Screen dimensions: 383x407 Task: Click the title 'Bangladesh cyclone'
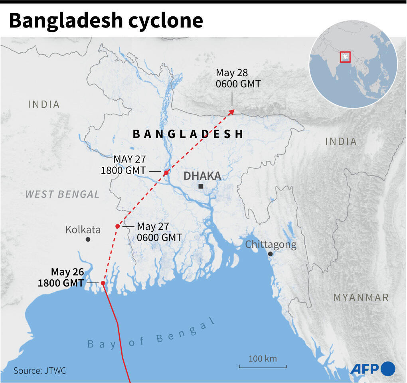[x=106, y=21]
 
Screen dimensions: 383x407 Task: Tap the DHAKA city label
[x=202, y=176]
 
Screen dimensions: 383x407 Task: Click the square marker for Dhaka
[x=201, y=186]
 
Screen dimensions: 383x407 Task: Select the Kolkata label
[x=83, y=230]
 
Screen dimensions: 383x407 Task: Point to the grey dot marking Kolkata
[x=88, y=239]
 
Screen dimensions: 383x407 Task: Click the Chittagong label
[x=271, y=245]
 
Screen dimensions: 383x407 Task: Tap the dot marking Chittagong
[x=270, y=254]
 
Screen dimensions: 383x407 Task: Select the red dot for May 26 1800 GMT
[x=103, y=283]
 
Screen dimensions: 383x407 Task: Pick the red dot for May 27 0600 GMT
[x=117, y=226]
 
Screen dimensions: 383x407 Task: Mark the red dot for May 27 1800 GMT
[x=166, y=172]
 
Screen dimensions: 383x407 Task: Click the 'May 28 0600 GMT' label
[x=238, y=79]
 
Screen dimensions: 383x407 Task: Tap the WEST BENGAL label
[x=62, y=194]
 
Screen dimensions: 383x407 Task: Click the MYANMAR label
[x=361, y=297]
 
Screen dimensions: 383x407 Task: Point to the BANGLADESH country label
[x=188, y=134]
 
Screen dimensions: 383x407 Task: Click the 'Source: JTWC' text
[x=40, y=371]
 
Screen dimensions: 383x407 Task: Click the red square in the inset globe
[x=345, y=57]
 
